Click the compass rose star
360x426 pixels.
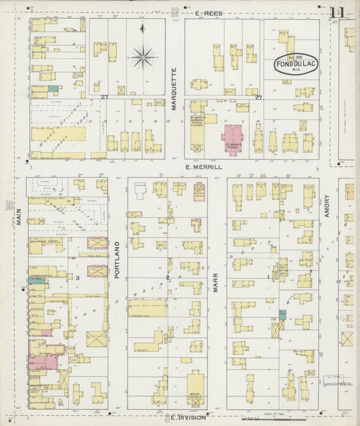pyautogui.click(x=142, y=57)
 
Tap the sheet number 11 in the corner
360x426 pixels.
pyautogui.click(x=337, y=12)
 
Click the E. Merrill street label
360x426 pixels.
pyautogui.click(x=204, y=166)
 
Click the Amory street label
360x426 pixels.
pyautogui.click(x=326, y=206)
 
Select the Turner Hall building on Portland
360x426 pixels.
pyautogui.click(x=147, y=309)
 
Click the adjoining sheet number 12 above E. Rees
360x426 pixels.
pyautogui.click(x=175, y=11)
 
